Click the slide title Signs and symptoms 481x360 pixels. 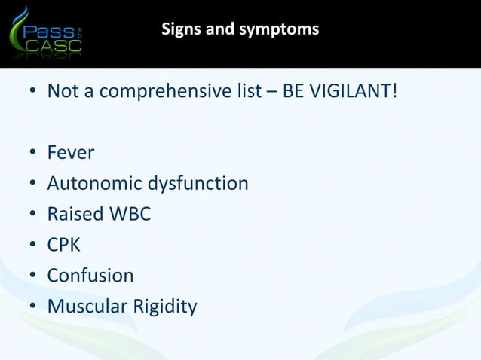pos(240,30)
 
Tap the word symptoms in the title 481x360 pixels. pos(283,30)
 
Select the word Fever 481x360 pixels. pos(71,153)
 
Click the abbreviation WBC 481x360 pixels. pos(130,215)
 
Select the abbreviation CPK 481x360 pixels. pos(64,246)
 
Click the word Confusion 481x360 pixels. pos(90,276)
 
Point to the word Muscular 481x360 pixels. pos(84,307)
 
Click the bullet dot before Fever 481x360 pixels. pos(33,154)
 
